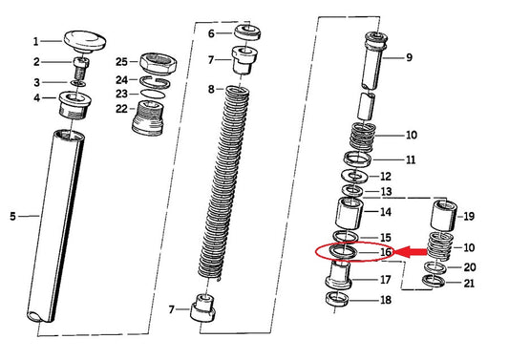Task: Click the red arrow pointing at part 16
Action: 411,252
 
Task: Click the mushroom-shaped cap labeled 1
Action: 85,41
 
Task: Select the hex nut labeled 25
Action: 159,62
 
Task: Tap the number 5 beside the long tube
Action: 12,216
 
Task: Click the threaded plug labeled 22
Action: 147,117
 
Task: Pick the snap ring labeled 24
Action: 155,82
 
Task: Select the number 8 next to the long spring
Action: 211,89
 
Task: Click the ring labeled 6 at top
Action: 247,32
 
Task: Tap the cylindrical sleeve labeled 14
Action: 349,214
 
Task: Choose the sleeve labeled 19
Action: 443,216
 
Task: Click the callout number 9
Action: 410,58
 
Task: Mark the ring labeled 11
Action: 358,159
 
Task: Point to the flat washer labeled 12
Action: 354,176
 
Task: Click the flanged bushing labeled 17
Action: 339,275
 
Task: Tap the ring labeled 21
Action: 434,281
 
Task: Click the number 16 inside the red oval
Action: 385,252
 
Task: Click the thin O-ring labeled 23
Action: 153,94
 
